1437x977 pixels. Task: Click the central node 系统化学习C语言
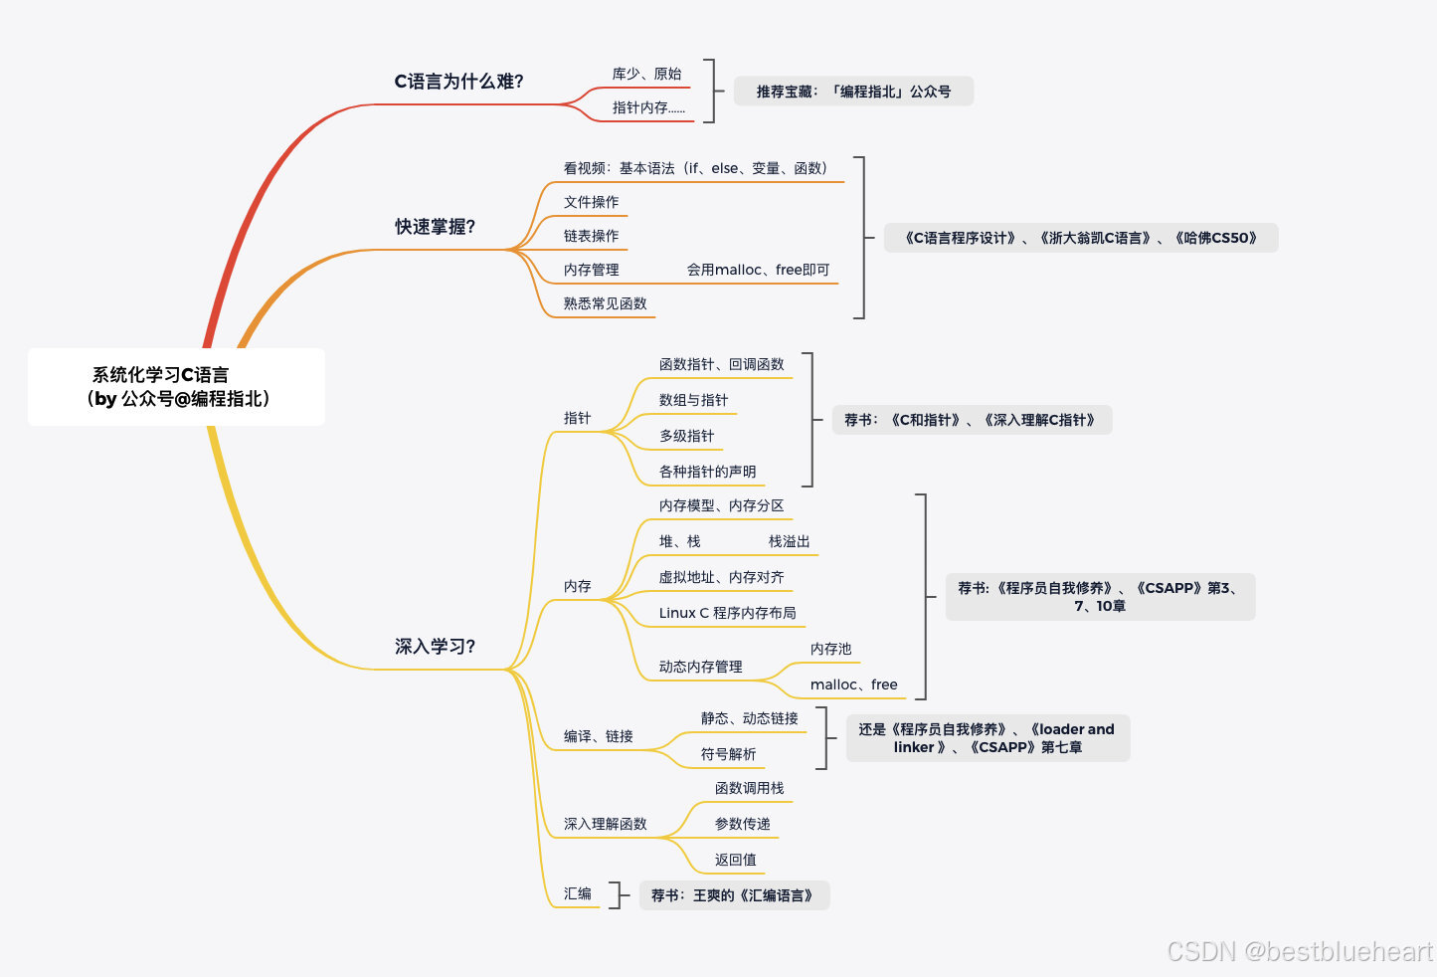click(x=176, y=387)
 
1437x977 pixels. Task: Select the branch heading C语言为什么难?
click(x=458, y=82)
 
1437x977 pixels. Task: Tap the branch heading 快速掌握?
click(x=435, y=227)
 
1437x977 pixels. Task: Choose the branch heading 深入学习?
click(x=435, y=647)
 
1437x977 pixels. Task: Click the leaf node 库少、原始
click(x=646, y=75)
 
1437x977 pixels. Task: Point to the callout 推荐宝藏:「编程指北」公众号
click(x=853, y=92)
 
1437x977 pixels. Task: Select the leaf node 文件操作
click(x=591, y=203)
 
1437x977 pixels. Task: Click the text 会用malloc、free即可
click(x=758, y=271)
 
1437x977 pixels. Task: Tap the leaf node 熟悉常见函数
click(x=605, y=304)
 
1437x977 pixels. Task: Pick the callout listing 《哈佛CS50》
click(x=1080, y=239)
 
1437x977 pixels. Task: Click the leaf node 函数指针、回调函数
click(x=721, y=365)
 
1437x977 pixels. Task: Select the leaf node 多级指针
click(x=686, y=437)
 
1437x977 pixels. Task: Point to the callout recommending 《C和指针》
click(x=971, y=421)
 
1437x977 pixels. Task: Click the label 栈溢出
click(x=789, y=542)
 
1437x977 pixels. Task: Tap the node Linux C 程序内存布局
click(x=727, y=614)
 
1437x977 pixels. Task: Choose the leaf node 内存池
click(x=830, y=650)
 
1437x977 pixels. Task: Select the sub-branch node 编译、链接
click(x=598, y=737)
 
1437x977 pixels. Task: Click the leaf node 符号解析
click(x=728, y=755)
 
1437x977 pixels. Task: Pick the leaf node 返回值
click(x=735, y=861)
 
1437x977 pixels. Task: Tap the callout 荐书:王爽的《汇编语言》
click(x=733, y=896)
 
